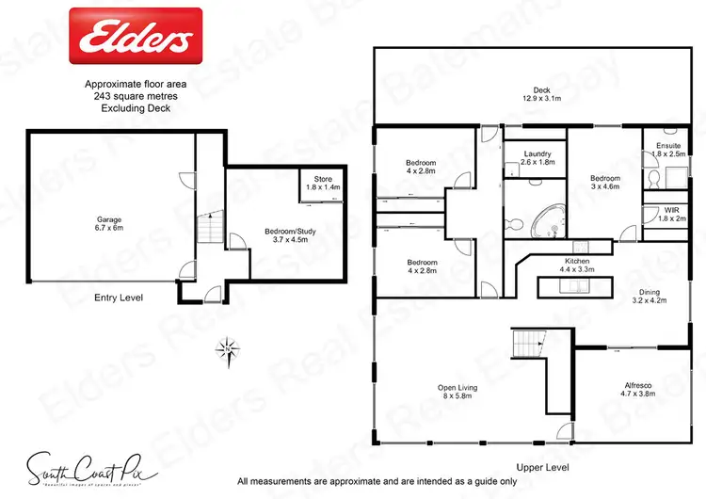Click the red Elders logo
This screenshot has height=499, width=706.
pyautogui.click(x=136, y=37)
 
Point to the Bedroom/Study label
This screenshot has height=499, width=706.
pyautogui.click(x=265, y=234)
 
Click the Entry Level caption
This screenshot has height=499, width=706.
pyautogui.click(x=119, y=298)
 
